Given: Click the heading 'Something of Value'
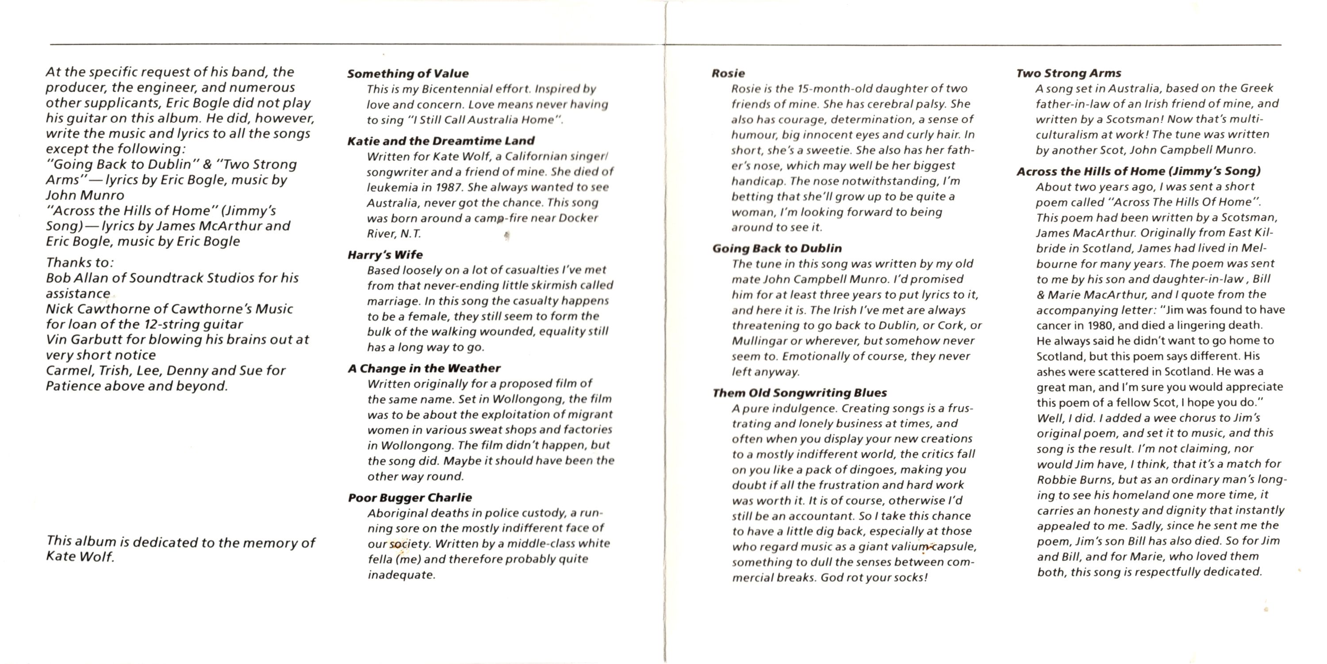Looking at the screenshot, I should [x=407, y=74].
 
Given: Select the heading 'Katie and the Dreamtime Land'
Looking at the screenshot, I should [x=441, y=141].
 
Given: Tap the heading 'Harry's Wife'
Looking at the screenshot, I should [x=385, y=255].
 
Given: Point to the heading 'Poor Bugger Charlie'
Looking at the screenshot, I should [x=410, y=498].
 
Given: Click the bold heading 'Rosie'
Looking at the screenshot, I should [x=728, y=73].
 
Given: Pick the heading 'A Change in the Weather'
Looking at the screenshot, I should [x=424, y=368].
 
